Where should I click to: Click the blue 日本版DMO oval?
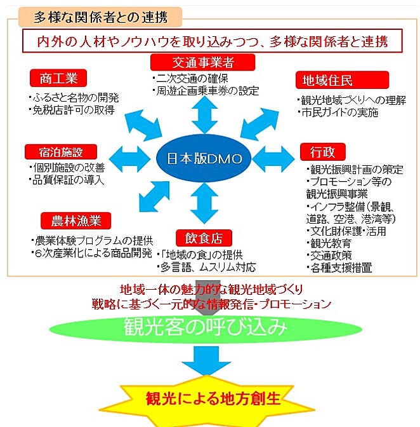pos(204,158)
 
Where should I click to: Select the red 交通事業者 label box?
pos(203,62)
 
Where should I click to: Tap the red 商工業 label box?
pos(58,78)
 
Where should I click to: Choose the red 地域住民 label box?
pos(342,80)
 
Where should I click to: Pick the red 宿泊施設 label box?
pos(61,152)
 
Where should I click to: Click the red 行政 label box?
pos(323,152)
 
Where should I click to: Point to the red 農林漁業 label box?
pos(76,220)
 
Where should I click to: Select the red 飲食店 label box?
pos(204,238)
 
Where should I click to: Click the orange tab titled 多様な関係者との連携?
pos(100,17)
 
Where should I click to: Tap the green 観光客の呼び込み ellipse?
pos(206,329)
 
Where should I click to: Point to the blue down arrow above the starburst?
pos(206,360)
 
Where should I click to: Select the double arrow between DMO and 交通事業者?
pos(204,115)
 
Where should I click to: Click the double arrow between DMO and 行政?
pos(273,159)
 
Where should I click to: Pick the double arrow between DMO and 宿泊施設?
pos(129,159)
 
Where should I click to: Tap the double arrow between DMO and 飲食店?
pos(204,203)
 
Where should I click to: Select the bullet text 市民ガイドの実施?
pos(338,112)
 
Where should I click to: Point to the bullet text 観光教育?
pos(329,243)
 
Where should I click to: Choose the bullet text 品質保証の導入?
pos(67,180)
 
